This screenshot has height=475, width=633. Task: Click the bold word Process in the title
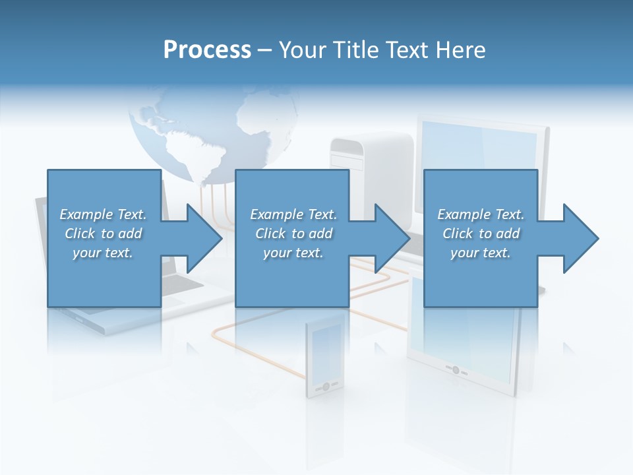207,49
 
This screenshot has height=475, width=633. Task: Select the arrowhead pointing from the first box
204,238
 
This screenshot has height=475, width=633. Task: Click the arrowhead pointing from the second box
393,238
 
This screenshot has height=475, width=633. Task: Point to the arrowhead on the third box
581,238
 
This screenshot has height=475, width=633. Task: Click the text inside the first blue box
103,234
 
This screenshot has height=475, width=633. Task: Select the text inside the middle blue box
293,234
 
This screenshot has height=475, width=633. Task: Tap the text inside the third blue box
480,234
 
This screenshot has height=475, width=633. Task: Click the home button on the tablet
456,369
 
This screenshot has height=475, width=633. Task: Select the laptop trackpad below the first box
173,301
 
